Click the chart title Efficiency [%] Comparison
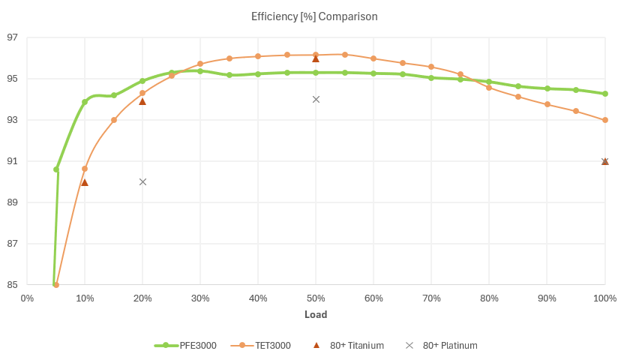(313, 16)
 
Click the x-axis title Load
(315, 314)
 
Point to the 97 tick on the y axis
(14, 37)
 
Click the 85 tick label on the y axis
(14, 285)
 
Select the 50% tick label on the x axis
(316, 298)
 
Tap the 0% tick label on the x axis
(27, 298)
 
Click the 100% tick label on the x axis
(604, 298)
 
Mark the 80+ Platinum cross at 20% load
(142, 181)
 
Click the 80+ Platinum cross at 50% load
(316, 99)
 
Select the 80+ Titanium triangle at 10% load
(85, 182)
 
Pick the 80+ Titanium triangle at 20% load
(142, 101)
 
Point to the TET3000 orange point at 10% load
(85, 169)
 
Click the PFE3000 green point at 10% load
(85, 102)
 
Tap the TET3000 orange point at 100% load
(605, 120)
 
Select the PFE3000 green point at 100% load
(605, 94)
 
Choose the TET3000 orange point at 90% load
(547, 104)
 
